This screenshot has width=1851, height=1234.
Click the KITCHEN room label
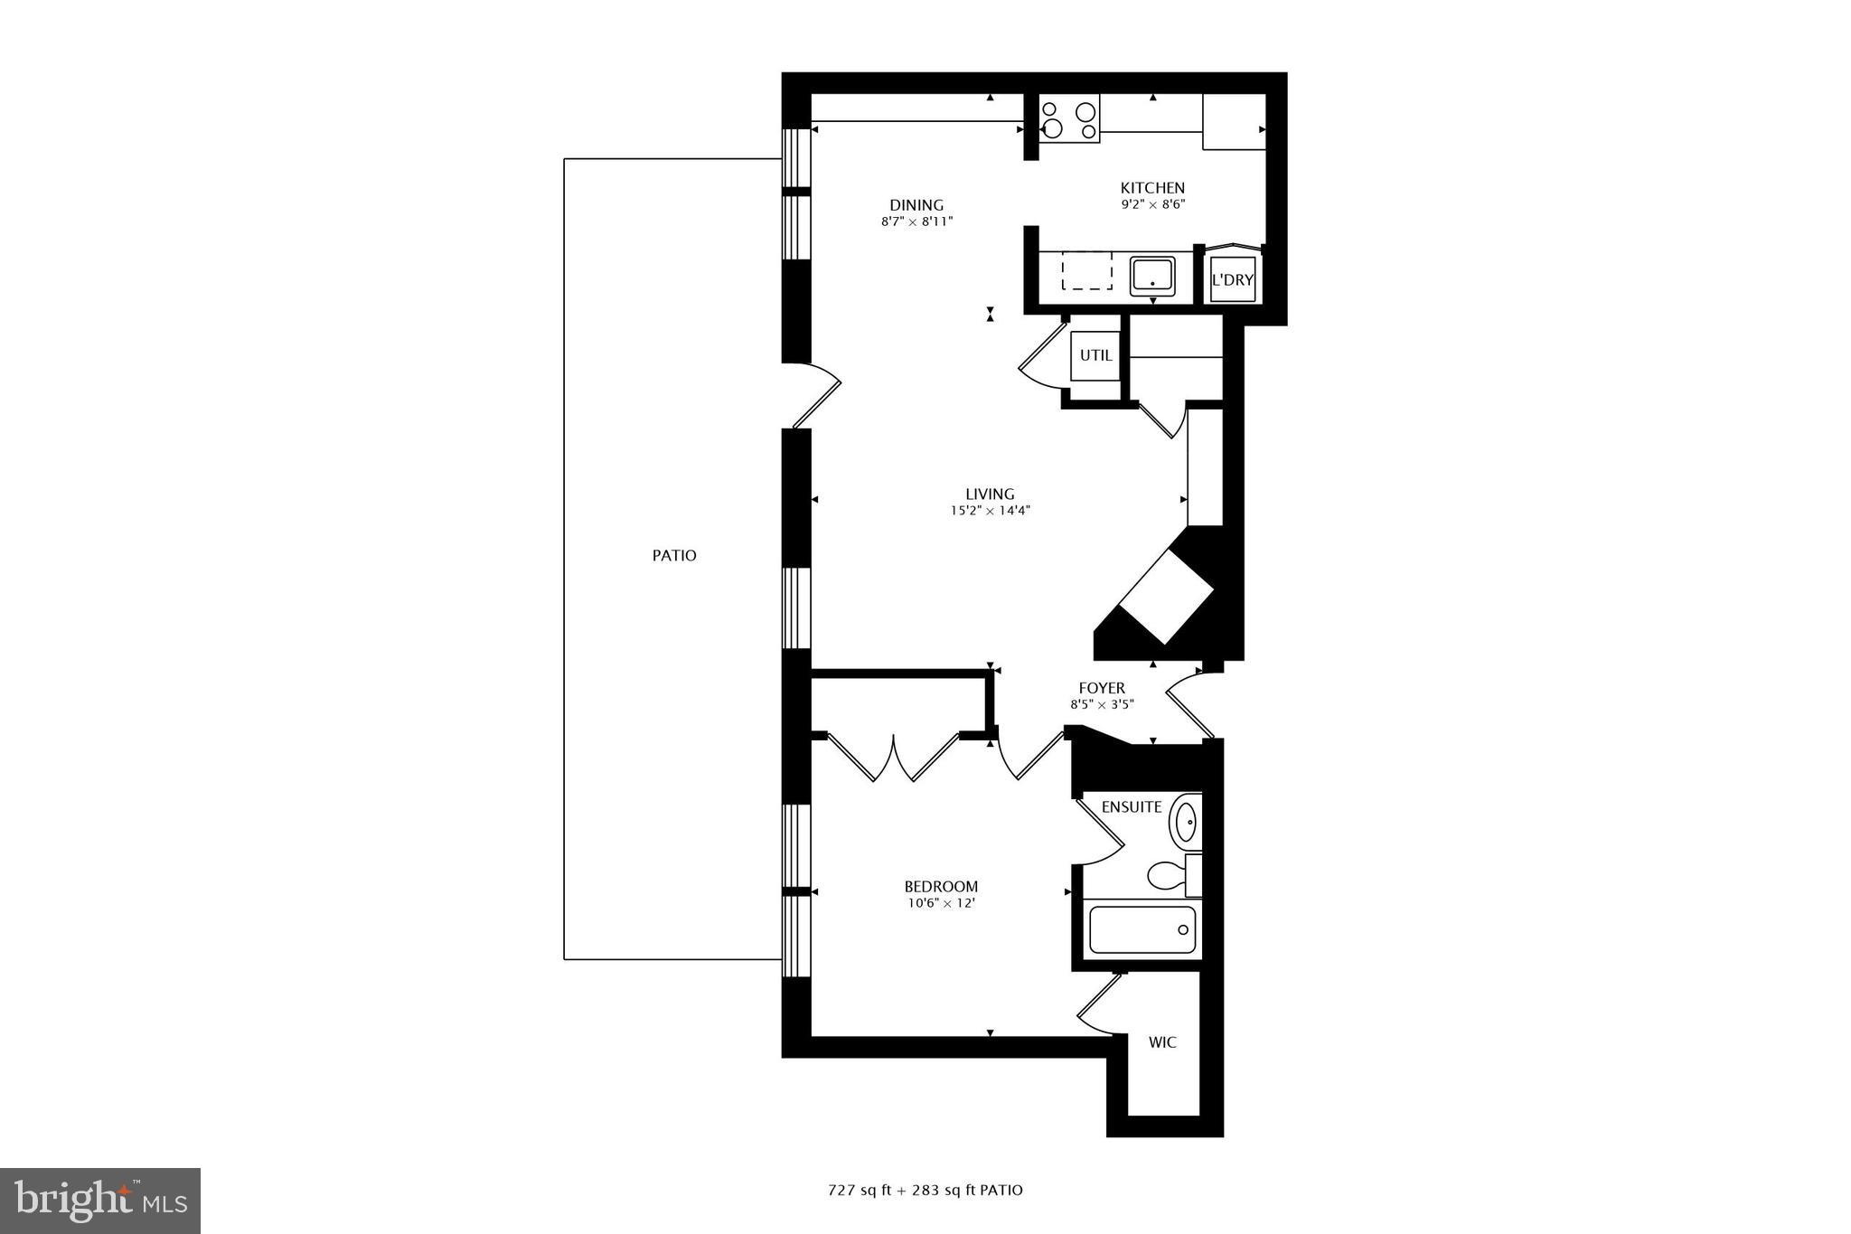(x=1152, y=188)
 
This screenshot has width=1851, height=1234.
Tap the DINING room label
(x=916, y=205)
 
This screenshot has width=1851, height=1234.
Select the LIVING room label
(x=990, y=494)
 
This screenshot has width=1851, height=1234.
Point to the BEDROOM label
(x=941, y=887)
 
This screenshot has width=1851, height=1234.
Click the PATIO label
(x=674, y=556)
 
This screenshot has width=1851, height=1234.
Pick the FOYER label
(x=1102, y=689)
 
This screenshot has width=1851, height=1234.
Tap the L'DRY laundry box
(x=1233, y=280)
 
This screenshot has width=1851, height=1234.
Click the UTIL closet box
(x=1095, y=356)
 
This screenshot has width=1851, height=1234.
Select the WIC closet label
(x=1162, y=1042)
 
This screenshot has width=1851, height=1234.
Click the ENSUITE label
(x=1132, y=807)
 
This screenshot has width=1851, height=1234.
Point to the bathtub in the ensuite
(x=1142, y=929)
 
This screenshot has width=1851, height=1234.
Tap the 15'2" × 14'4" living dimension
(x=990, y=511)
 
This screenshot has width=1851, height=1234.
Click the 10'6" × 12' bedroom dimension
(x=941, y=902)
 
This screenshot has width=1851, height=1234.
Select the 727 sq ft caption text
(x=925, y=1190)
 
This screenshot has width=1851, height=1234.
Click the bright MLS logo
(x=100, y=1201)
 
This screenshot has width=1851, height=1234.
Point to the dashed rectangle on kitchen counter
(x=1086, y=271)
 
